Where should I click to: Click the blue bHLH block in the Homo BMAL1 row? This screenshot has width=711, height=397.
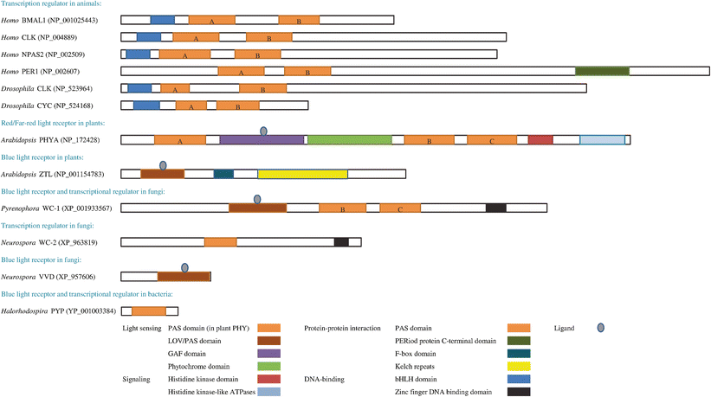coord(162,19)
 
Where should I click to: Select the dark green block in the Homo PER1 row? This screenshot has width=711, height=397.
coord(602,71)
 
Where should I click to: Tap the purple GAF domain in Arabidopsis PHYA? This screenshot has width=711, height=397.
coord(262,139)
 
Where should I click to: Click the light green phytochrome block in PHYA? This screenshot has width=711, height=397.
coord(349,139)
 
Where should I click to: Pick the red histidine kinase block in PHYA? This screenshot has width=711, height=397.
coord(540,139)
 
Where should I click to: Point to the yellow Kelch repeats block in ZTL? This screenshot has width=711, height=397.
coord(302,174)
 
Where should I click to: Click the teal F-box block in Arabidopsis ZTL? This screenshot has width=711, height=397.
coord(223,174)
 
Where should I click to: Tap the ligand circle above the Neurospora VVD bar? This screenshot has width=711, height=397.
coord(184,267)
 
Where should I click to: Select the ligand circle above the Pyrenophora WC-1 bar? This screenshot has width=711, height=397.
coord(257,199)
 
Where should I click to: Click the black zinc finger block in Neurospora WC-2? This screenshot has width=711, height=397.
coord(341,242)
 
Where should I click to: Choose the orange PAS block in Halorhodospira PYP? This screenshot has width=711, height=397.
coord(148,311)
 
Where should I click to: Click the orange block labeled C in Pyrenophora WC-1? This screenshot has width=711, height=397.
coord(400,208)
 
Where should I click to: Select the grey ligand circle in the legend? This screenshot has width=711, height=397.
coord(600,328)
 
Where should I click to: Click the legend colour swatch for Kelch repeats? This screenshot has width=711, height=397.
coord(519,366)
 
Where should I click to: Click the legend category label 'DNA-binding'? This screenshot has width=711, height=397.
coord(326,379)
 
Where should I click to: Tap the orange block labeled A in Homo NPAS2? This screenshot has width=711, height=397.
coord(184,54)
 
